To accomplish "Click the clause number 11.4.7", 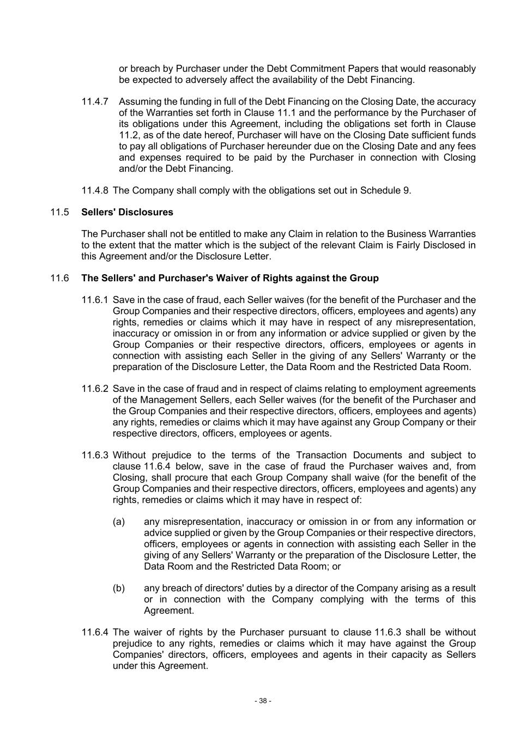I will tap(95, 102).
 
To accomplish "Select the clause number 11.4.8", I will tap(95, 191).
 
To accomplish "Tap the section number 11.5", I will tap(59, 213).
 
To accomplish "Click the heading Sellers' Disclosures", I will tap(127, 213).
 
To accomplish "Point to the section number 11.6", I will tap(59, 279).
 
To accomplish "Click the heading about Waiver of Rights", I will tap(229, 279).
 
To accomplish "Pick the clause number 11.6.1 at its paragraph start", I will tap(95, 300).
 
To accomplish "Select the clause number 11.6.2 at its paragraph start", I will tap(95, 389).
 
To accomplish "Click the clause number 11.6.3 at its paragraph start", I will tap(95, 456).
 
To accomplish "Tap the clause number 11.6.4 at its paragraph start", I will tap(95, 633).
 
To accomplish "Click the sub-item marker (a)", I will tap(119, 522).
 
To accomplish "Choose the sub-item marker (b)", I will tap(119, 589).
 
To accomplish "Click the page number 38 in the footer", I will tap(263, 701).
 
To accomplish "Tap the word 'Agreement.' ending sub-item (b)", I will tap(169, 611).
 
